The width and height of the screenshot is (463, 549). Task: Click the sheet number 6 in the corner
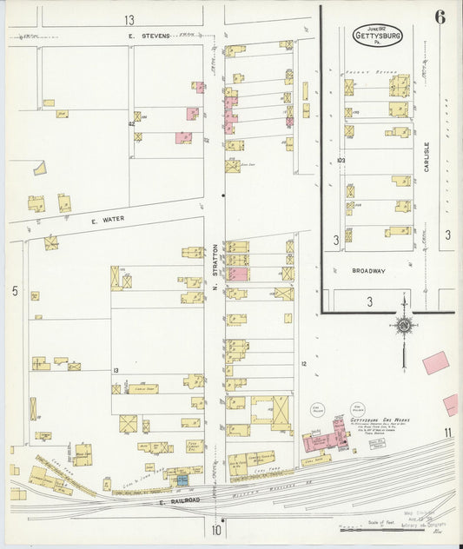click(x=441, y=16)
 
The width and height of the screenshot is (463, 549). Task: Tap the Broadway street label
click(x=368, y=271)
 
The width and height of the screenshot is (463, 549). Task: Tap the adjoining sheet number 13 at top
click(x=129, y=19)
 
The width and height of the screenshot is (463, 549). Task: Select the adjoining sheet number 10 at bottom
click(x=215, y=529)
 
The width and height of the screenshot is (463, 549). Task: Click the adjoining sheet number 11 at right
click(x=446, y=432)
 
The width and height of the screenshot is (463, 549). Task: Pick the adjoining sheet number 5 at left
click(x=15, y=291)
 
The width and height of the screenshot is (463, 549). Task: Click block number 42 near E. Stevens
click(x=134, y=125)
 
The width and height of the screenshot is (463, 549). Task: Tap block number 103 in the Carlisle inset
click(x=341, y=161)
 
